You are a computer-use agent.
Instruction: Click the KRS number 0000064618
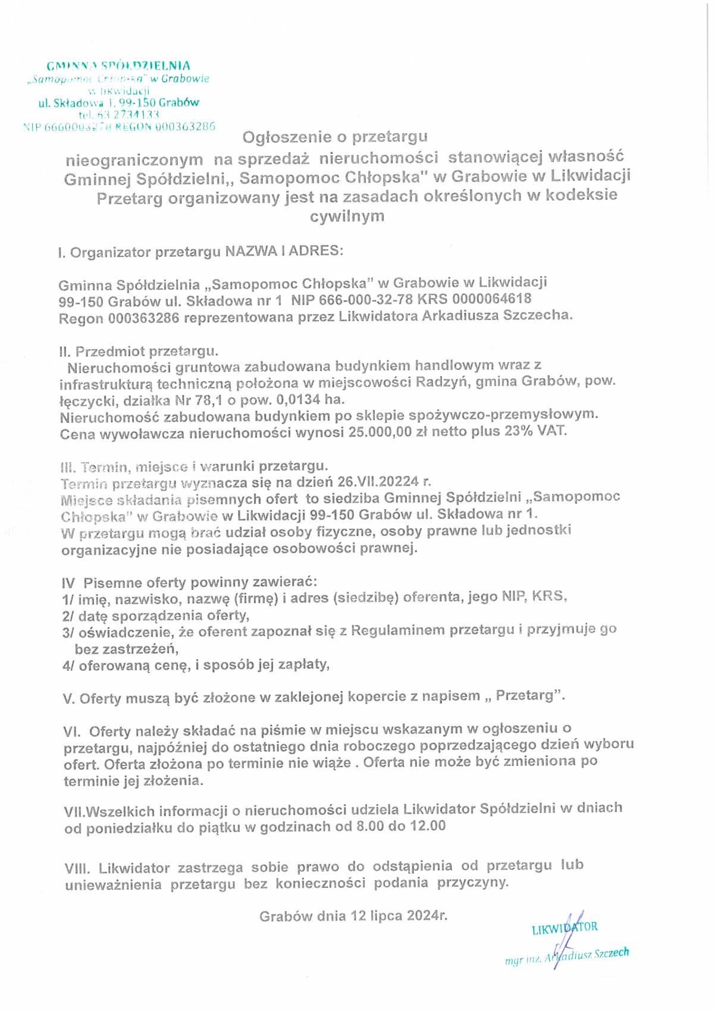[x=491, y=299]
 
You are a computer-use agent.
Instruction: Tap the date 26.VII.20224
[x=378, y=481]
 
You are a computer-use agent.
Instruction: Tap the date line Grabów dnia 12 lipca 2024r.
[x=353, y=916]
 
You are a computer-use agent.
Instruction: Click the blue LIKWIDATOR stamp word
[x=565, y=929]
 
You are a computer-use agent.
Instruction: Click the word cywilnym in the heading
[x=347, y=216]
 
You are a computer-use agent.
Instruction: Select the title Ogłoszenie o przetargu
[x=335, y=137]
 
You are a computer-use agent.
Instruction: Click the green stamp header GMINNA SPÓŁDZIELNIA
[x=118, y=66]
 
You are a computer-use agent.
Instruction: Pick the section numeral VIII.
[x=77, y=869]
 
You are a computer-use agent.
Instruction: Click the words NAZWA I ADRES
[x=284, y=250]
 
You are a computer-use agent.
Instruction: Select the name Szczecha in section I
[x=537, y=315]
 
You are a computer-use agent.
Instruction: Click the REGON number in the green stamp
[x=185, y=127]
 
